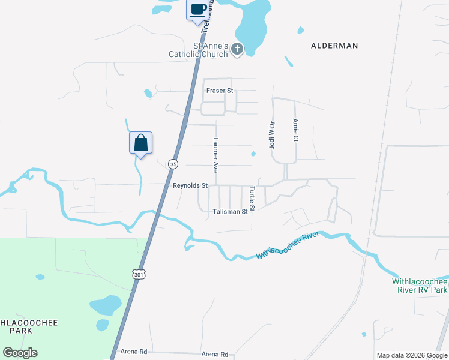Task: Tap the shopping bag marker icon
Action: (140, 143)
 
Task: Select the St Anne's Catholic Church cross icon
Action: (237, 49)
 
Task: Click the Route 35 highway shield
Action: (173, 164)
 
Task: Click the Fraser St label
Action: (219, 91)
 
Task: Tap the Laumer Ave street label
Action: (216, 155)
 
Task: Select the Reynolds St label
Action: (190, 186)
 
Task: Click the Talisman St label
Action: (230, 212)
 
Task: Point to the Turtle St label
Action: (253, 199)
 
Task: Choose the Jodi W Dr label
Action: (271, 136)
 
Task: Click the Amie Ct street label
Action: (295, 130)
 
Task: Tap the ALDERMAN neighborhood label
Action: (334, 46)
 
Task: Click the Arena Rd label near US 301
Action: (133, 352)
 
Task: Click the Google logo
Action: (20, 353)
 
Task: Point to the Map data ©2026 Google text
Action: (412, 355)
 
